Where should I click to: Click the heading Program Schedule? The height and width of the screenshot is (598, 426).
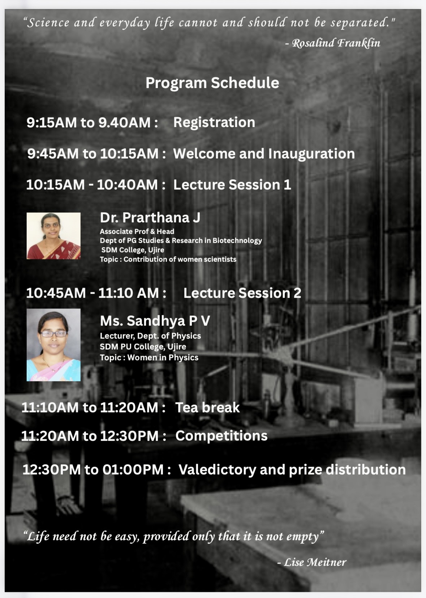[212, 83]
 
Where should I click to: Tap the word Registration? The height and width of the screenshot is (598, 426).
[214, 123]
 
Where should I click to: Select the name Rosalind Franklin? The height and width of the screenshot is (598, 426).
[336, 43]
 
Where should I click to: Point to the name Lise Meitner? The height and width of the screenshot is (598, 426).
[315, 562]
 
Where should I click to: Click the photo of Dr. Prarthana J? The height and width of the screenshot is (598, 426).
[53, 236]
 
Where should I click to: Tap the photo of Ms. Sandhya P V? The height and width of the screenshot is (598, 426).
[53, 345]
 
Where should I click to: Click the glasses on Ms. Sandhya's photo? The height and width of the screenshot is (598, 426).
[53, 334]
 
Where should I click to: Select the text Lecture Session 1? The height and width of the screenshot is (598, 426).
[232, 185]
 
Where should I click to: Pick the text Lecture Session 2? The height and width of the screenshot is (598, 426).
[242, 293]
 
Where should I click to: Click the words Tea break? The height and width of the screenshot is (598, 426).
[207, 408]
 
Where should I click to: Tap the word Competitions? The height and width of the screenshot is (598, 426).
[221, 436]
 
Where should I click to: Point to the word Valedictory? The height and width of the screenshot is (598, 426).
[218, 470]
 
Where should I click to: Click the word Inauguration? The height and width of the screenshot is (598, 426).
[311, 154]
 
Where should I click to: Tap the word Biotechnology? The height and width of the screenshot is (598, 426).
[237, 241]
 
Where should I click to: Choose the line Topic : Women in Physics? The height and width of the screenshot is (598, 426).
[149, 357]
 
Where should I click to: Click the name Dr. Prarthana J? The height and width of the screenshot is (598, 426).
[150, 218]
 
